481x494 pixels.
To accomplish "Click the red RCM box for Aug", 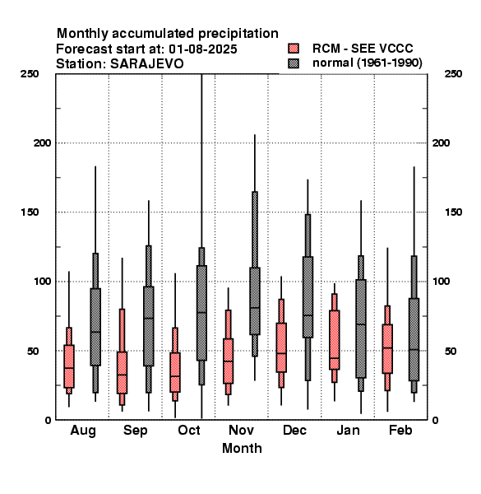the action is (69, 366).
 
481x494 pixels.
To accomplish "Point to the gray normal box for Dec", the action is (308, 297).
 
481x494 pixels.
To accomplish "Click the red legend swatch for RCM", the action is (294, 49).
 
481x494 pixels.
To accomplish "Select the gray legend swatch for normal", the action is (294, 63).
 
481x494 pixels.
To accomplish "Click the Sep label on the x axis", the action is (136, 431).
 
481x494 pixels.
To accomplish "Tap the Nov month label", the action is (241, 430).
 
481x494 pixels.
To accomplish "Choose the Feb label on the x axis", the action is (400, 430).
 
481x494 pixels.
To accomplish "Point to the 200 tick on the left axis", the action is (42, 143).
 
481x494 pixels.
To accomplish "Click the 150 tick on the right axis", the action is (454, 212).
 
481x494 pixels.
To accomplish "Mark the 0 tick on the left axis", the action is (48, 420).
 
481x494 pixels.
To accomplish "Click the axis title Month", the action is (242, 449).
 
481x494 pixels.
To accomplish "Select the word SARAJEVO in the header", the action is (146, 64).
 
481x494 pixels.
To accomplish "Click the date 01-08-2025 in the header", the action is (203, 49).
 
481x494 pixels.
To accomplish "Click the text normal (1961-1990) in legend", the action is (368, 63).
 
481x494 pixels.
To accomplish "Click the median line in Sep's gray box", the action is (149, 318).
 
